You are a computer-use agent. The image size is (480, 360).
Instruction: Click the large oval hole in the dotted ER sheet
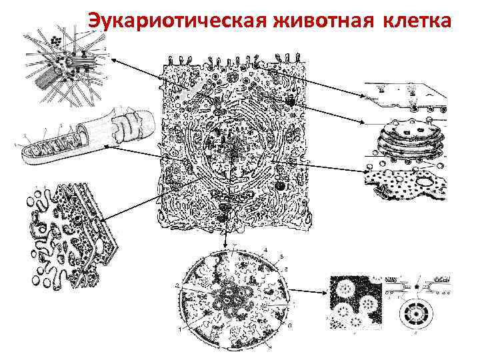point(424,179)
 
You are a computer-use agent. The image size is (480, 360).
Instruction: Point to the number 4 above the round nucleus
point(265,249)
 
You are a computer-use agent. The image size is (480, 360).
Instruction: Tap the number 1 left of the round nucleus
point(179,329)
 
